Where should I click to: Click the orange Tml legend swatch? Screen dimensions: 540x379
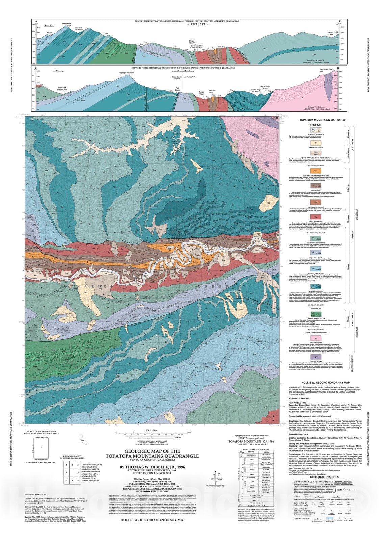pos(315,171)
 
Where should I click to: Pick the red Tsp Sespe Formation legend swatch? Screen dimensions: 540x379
pos(315,217)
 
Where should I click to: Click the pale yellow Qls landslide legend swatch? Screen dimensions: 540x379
pos(315,143)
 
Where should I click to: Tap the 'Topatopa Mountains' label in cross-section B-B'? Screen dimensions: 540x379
pos(127,73)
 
